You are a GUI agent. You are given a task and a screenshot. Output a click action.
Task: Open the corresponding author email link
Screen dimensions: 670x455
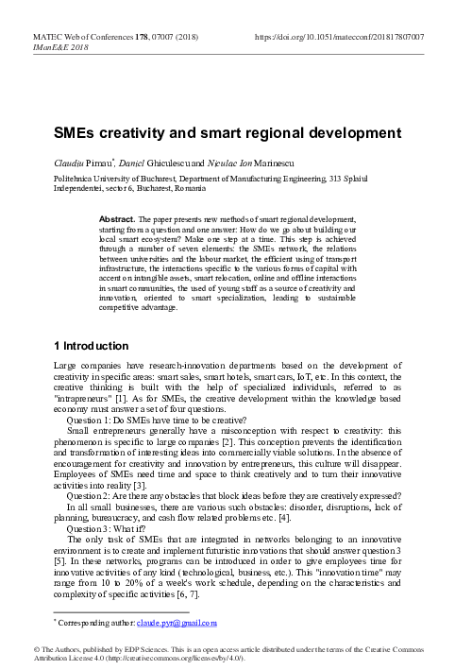177,623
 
